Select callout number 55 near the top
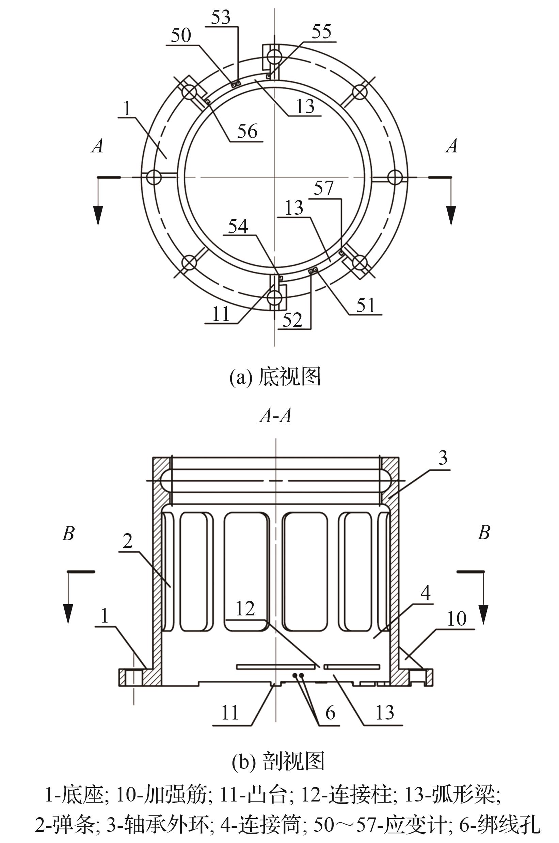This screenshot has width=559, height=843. click(321, 32)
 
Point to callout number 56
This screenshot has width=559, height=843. click(247, 131)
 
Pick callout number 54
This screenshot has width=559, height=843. click(238, 227)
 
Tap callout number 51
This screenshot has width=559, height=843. click(366, 305)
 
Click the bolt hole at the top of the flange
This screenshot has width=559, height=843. click(275, 56)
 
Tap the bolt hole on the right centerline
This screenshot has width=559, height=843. click(395, 177)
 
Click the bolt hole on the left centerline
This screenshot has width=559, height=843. click(154, 177)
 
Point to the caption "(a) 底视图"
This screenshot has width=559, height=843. click(275, 377)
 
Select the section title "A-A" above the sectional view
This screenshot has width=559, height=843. click(275, 416)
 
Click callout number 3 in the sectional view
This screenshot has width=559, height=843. click(443, 458)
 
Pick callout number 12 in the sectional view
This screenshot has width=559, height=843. click(245, 609)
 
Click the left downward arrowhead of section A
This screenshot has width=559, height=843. click(98, 215)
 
